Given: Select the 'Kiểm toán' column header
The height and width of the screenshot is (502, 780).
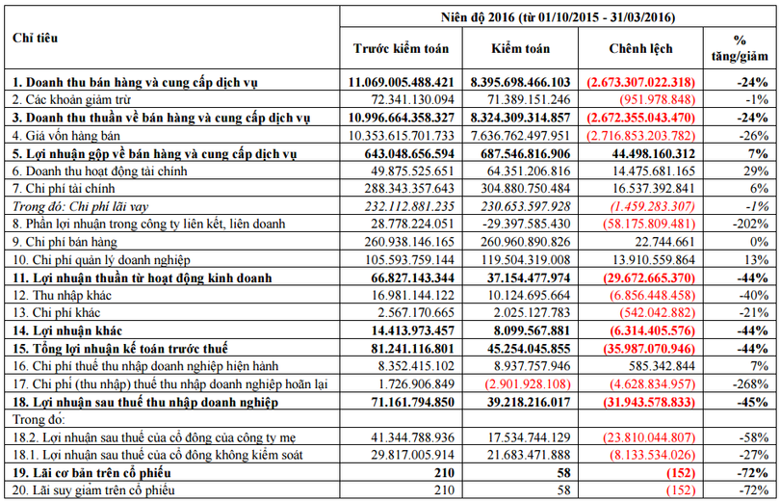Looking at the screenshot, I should coord(521,48).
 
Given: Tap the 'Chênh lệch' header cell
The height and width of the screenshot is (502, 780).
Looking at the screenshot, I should coord(640,48).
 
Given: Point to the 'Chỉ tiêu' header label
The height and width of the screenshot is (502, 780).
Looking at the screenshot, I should coord(35,38).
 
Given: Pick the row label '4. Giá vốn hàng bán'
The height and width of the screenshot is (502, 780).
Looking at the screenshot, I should coord(64,135).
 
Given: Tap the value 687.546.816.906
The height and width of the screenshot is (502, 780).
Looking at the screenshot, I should coord(520,152).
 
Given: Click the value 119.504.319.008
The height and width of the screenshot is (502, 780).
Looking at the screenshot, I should coord(521,259).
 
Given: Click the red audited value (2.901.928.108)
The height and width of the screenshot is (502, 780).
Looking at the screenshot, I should coord(521,383).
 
